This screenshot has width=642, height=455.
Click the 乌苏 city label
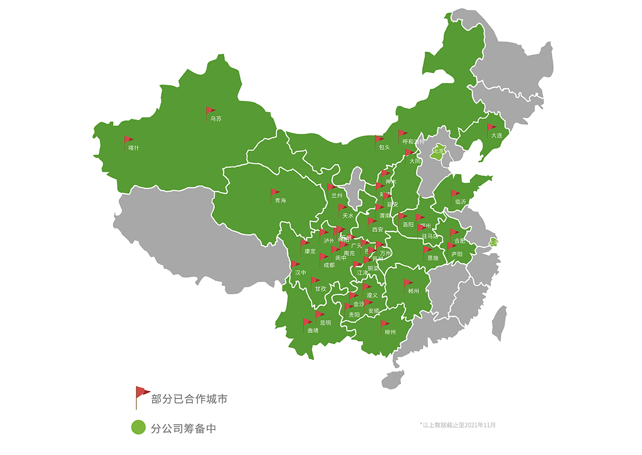[x=215, y=119]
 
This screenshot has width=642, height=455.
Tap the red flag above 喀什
[x=128, y=140]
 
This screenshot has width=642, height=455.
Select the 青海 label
[x=280, y=200]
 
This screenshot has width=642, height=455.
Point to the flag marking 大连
[x=491, y=128]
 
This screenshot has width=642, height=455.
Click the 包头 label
[x=384, y=147]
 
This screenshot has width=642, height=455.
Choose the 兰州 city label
[x=337, y=195]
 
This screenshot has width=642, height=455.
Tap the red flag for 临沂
[x=455, y=194]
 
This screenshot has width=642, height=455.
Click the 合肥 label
[x=460, y=241]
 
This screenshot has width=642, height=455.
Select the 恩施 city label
[x=433, y=258]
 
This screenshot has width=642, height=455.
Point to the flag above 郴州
[x=408, y=283]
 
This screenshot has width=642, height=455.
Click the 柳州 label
[x=390, y=332]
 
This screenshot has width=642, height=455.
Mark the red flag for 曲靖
[x=307, y=323]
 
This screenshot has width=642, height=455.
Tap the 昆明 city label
[x=325, y=323]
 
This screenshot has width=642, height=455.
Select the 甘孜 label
[x=320, y=289]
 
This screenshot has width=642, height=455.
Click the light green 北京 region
[x=439, y=150]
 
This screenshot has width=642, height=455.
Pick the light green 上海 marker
[x=494, y=242]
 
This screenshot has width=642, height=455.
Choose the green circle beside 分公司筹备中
[x=139, y=427]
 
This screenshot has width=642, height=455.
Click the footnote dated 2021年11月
[x=458, y=425]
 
